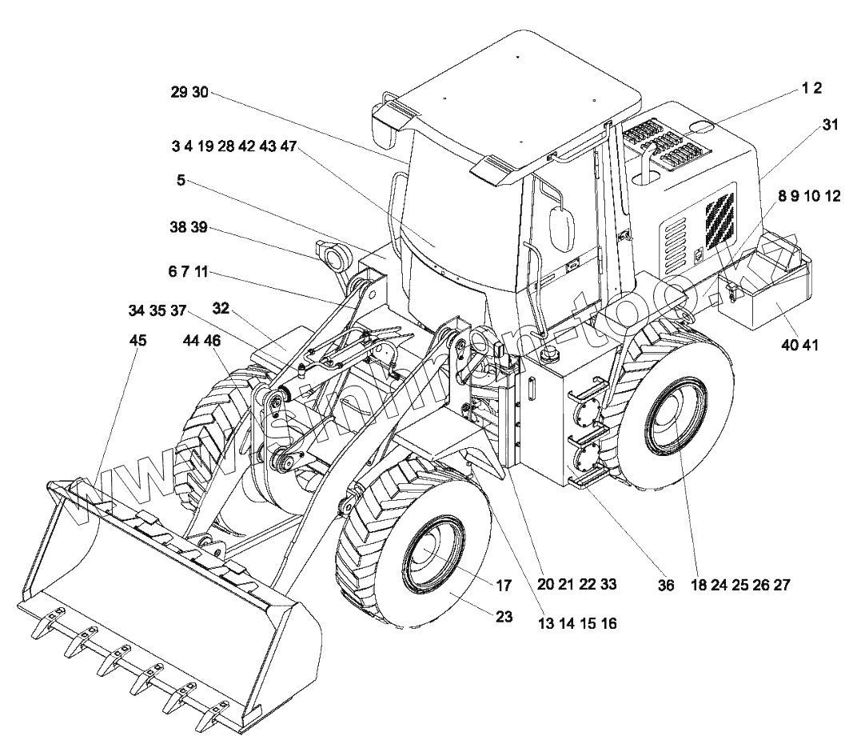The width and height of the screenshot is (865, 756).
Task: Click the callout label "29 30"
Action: click(189, 92)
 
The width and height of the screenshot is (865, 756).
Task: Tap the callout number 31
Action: click(831, 125)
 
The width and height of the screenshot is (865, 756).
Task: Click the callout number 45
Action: click(138, 341)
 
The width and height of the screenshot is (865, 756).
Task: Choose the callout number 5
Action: click(181, 181)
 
